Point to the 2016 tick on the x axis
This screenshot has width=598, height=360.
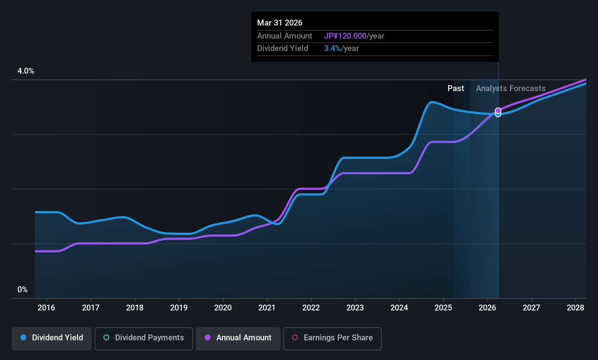point(46,308)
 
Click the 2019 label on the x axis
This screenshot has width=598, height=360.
point(179,308)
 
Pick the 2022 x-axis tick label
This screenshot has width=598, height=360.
point(311,308)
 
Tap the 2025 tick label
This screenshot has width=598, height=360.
point(443,308)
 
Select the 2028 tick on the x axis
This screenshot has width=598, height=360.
point(575,308)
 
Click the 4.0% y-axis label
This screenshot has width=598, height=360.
point(26,71)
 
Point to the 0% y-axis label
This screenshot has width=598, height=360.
point(23,290)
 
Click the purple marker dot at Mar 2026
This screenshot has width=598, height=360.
point(498,110)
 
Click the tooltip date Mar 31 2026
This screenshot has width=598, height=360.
point(280,23)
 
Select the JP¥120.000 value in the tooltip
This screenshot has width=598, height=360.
point(345,36)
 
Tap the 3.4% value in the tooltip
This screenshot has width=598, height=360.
point(333,48)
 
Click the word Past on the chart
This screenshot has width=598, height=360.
point(456,89)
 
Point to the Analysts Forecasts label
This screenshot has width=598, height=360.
point(511,89)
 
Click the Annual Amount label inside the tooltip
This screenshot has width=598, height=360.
point(284,36)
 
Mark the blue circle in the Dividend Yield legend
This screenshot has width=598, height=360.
point(23,338)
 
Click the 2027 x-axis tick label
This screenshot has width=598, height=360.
point(531,308)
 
